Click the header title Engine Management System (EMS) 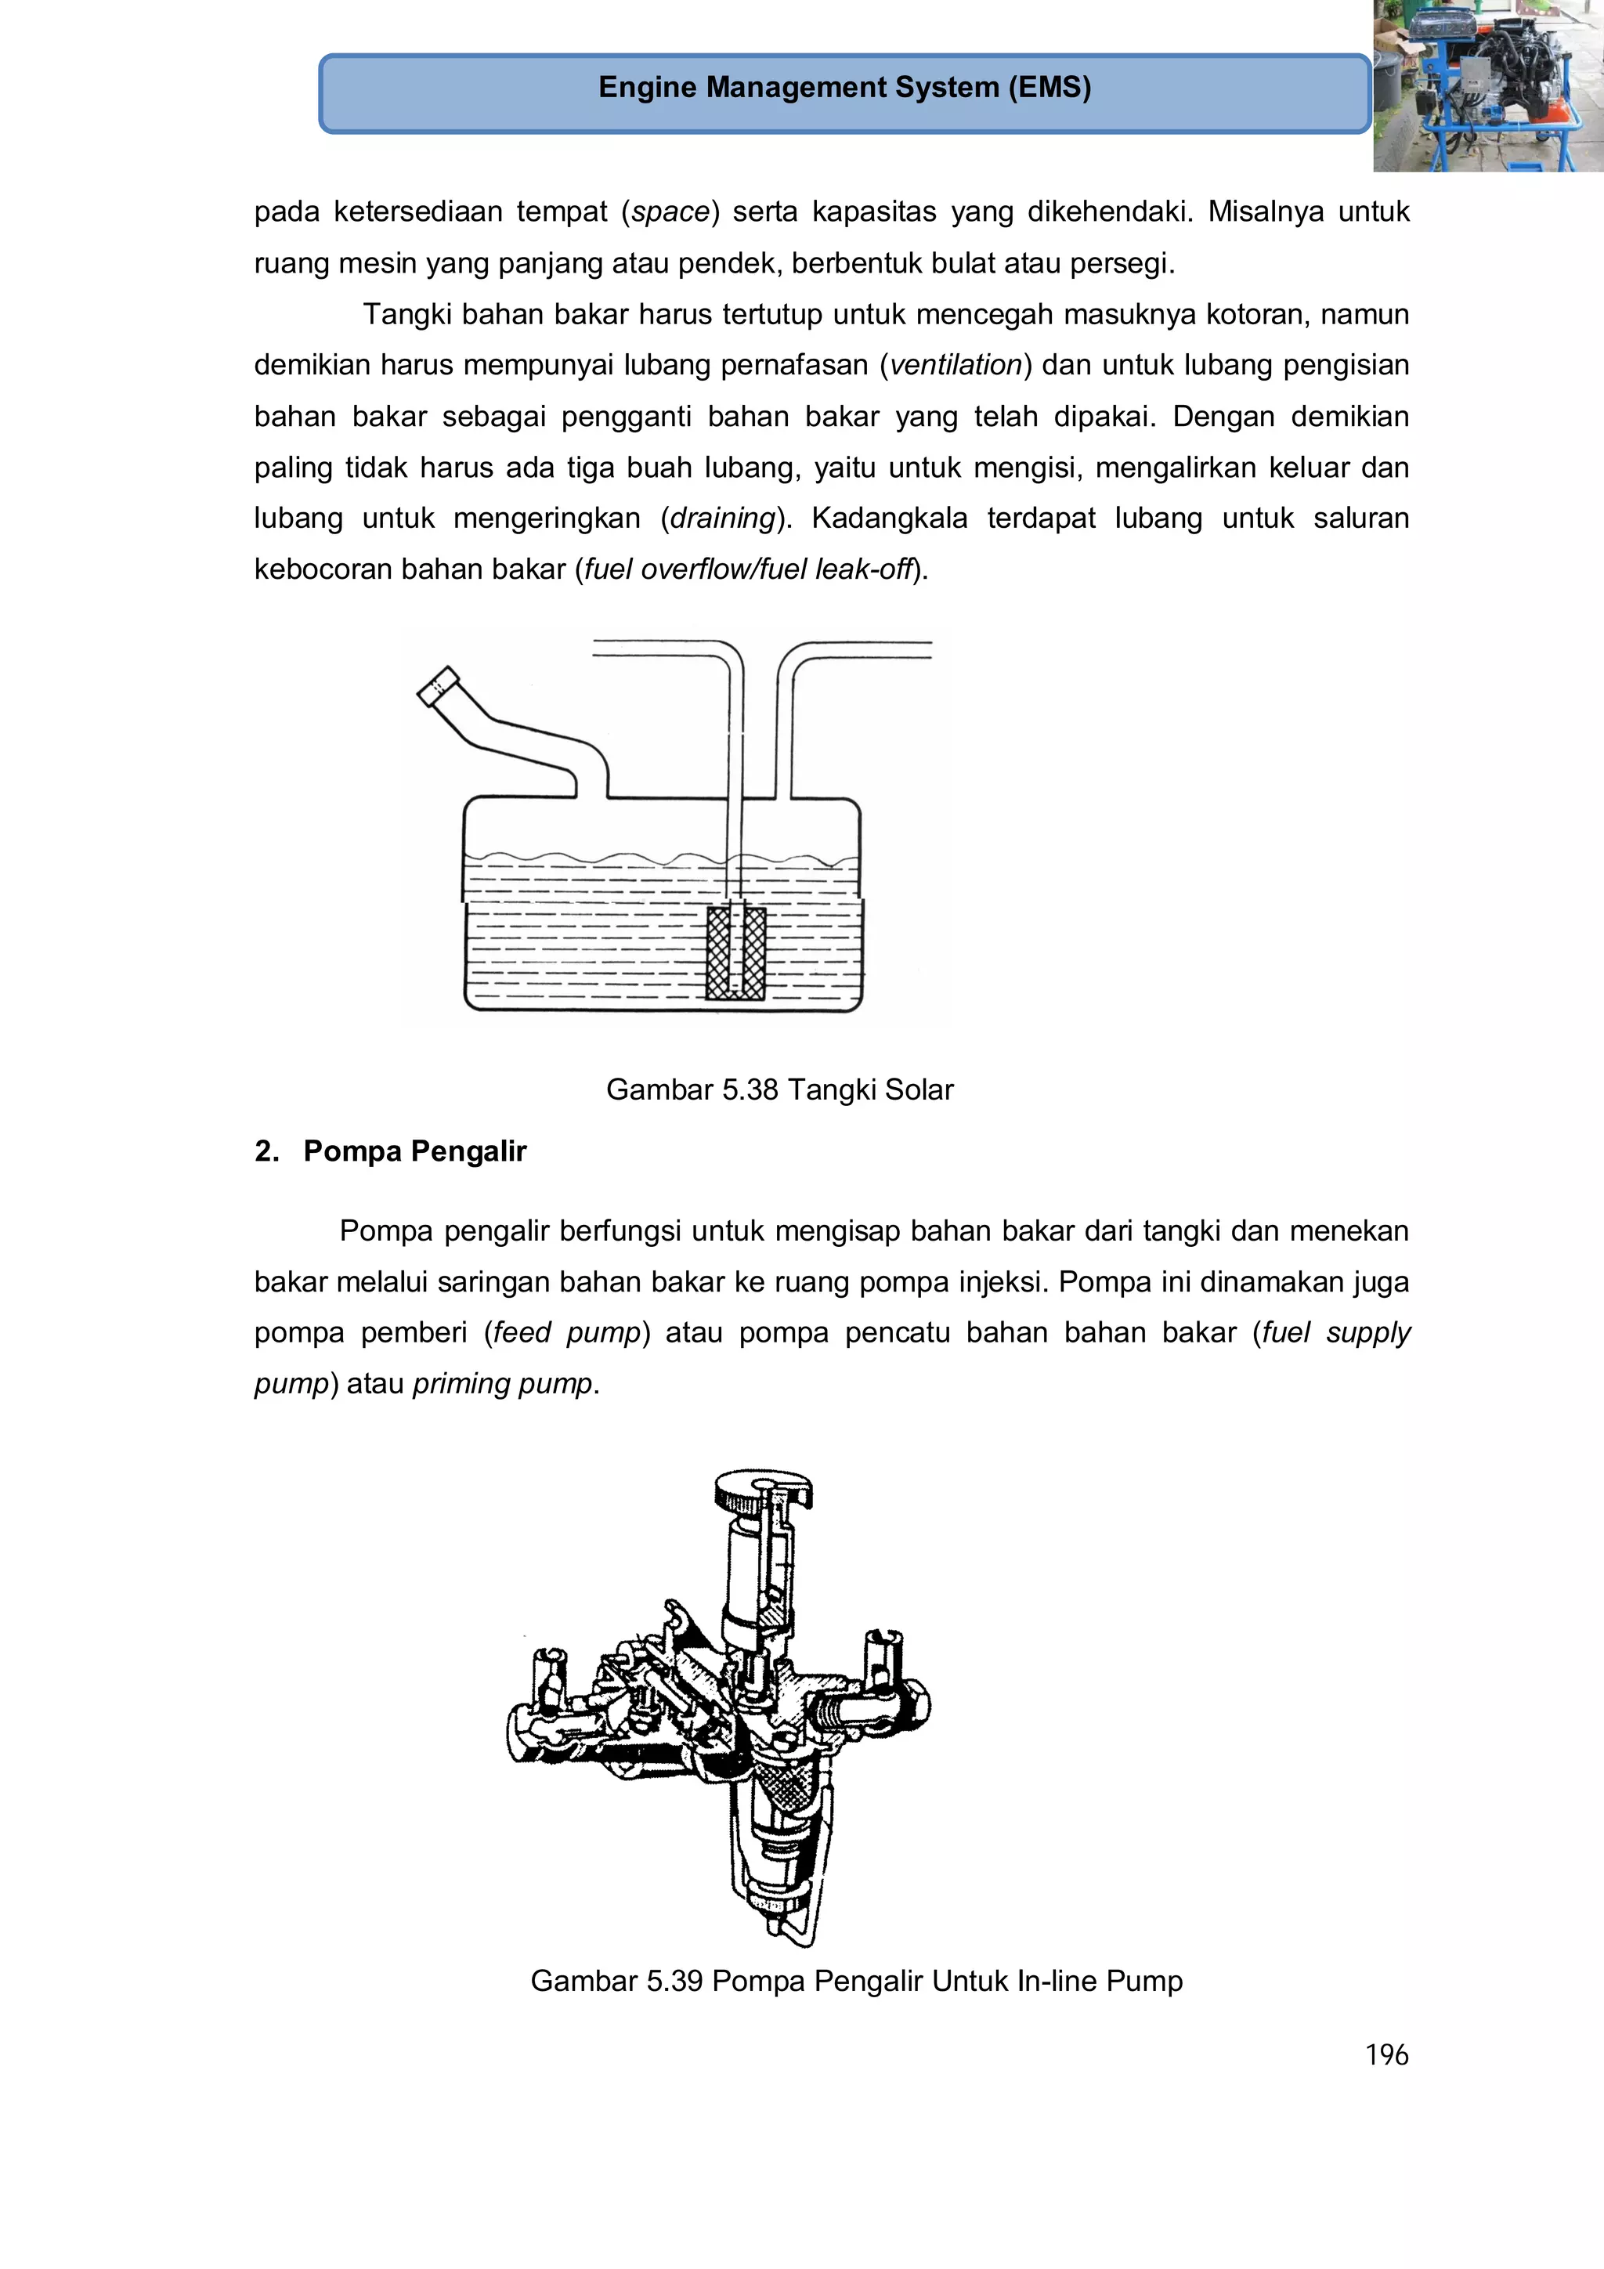pos(844,88)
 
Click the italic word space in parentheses pos(670,212)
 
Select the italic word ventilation pos(955,366)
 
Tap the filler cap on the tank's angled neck pos(438,686)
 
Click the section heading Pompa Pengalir pos(414,1151)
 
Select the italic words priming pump pos(502,1383)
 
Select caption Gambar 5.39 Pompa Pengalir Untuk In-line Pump pos(856,1982)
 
